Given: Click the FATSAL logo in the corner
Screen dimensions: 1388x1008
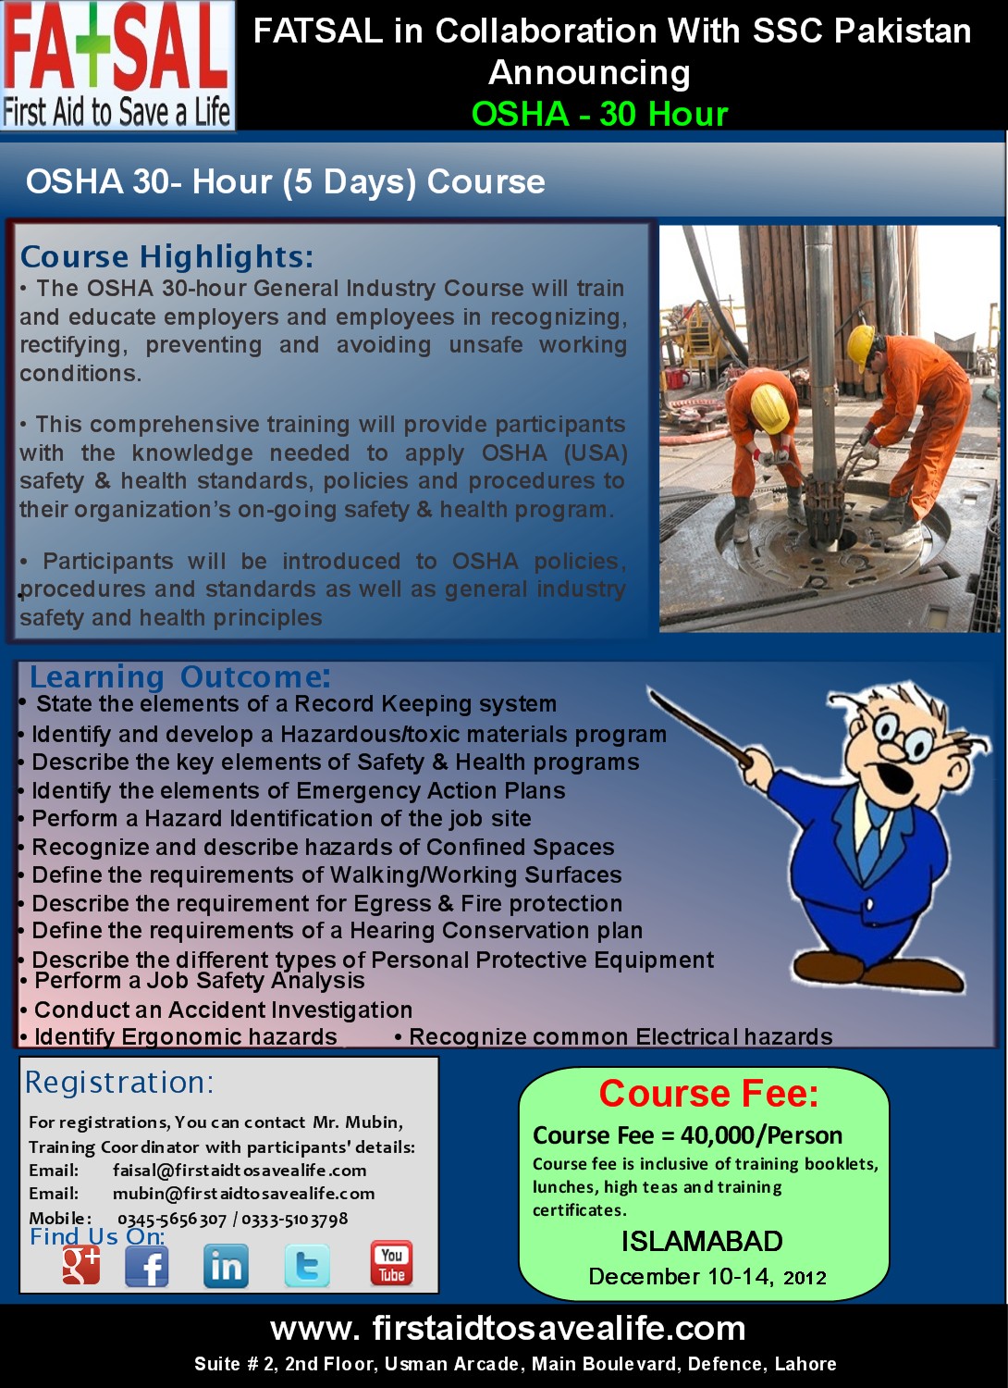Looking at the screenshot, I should [117, 65].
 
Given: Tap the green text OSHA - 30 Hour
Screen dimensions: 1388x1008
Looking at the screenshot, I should [599, 114].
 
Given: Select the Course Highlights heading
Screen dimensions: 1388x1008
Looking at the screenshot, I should [166, 256].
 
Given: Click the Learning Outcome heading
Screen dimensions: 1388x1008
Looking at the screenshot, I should [179, 676].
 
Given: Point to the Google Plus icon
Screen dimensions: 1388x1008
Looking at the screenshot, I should [81, 1265].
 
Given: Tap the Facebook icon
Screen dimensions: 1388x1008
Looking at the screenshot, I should [147, 1266].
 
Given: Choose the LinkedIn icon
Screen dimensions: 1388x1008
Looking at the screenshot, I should [226, 1266].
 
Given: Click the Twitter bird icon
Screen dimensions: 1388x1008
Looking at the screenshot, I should [306, 1266].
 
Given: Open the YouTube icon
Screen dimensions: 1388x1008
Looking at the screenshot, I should [391, 1264].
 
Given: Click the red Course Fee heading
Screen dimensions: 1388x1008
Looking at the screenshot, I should [708, 1094].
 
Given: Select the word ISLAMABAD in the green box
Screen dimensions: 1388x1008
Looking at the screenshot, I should [702, 1241].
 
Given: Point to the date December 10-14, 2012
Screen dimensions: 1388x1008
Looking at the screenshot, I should [707, 1277].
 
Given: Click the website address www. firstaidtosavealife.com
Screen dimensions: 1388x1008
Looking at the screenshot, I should [508, 1329].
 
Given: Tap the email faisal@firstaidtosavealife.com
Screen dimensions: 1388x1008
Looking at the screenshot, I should [240, 1171].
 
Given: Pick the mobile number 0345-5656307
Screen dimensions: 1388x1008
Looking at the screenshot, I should [172, 1220].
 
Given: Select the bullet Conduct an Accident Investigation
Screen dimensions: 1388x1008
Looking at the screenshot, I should [223, 1010].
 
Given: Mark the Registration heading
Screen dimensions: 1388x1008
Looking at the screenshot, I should [119, 1083].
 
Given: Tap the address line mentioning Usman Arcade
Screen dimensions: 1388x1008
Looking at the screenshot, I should [515, 1364].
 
